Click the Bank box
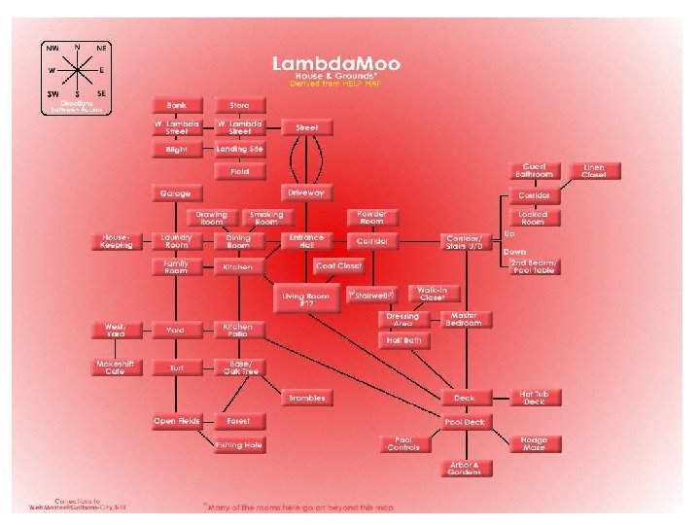click(x=176, y=104)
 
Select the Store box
click(x=239, y=104)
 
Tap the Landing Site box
click(x=239, y=149)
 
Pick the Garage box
click(x=176, y=193)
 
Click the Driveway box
click(x=305, y=192)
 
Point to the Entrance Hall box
click(x=306, y=240)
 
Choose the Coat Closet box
click(x=338, y=265)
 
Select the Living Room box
click(x=307, y=298)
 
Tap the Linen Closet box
click(x=594, y=171)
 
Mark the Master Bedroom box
click(x=464, y=319)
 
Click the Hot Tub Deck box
click(x=536, y=397)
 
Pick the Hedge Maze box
click(x=535, y=442)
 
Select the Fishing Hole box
click(x=239, y=444)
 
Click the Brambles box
click(x=307, y=398)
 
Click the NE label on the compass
click(x=101, y=47)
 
